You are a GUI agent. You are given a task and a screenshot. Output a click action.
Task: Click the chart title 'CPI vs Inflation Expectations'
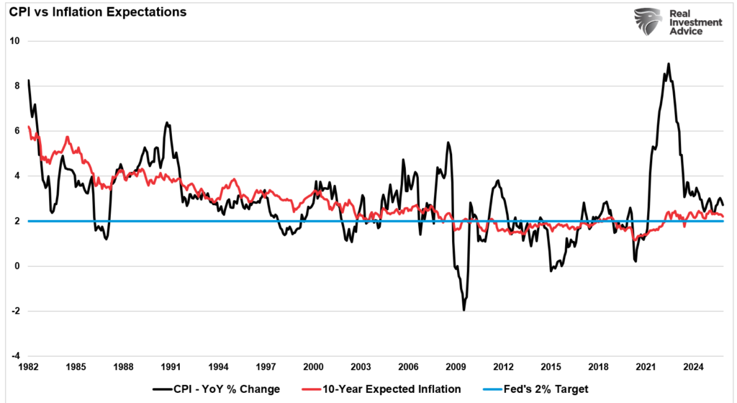[x=97, y=12]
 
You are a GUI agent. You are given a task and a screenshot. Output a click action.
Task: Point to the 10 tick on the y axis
[x=13, y=41]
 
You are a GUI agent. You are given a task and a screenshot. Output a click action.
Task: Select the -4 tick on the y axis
[x=14, y=356]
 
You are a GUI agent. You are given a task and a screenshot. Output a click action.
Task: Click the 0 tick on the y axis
[x=16, y=266]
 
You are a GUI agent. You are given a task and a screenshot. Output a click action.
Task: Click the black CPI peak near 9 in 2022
[x=669, y=64]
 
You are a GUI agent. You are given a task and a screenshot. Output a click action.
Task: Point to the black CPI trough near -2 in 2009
[x=464, y=309]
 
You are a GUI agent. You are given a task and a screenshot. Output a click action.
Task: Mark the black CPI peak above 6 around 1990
[x=166, y=123]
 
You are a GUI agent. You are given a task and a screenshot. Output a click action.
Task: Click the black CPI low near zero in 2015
[x=551, y=271]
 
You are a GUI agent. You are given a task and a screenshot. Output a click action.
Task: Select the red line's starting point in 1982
[x=28, y=127]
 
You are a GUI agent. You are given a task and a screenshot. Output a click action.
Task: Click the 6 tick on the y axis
[x=16, y=131]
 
